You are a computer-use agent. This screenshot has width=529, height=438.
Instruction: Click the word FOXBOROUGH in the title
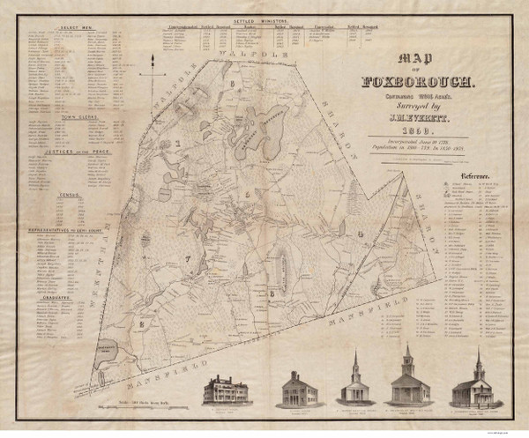pyautogui.click(x=421, y=85)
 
